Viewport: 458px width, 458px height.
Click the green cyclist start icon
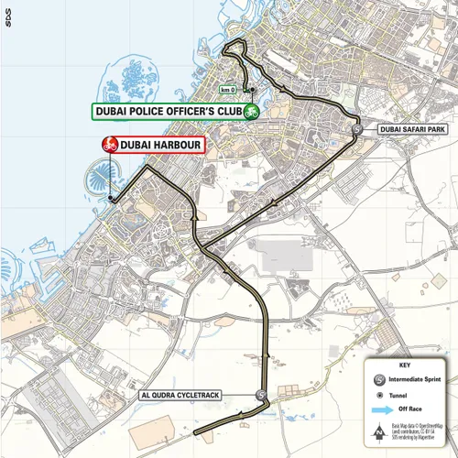tap(248, 112)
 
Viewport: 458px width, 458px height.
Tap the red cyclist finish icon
tap(108, 145)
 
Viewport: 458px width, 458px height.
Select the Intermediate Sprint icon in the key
tap(377, 376)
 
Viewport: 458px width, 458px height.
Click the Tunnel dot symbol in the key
tap(377, 394)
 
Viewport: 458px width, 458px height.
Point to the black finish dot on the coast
tap(111, 199)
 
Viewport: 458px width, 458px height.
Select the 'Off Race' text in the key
tap(409, 411)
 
